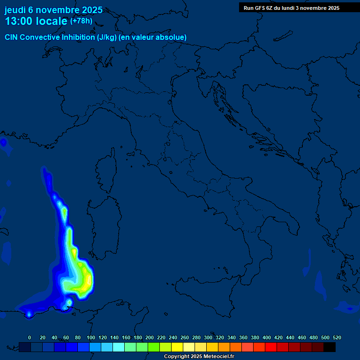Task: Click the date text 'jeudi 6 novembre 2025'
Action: pos(53,10)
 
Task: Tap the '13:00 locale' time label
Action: pos(37,22)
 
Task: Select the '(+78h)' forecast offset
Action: pos(81,21)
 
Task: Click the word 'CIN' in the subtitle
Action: pos(13,37)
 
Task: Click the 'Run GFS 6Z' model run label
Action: pos(261,8)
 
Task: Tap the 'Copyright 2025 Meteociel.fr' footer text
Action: pos(199,357)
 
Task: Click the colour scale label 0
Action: pos(30,337)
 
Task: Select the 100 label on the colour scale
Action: pos(91,337)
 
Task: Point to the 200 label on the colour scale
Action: pos(150,337)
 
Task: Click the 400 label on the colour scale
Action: pos(267,337)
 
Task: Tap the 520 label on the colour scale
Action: pos(337,337)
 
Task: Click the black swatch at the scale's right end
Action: pos(330,347)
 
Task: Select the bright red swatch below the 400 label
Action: pos(271,347)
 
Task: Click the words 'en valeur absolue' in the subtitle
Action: pos(157,37)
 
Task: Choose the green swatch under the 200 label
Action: pos(154,347)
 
